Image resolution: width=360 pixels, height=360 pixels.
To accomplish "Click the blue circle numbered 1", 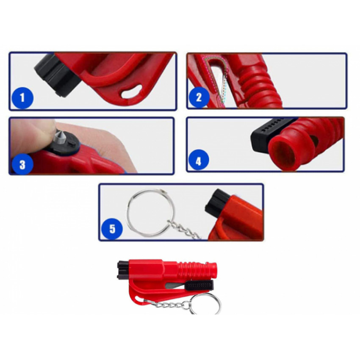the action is point(22,98).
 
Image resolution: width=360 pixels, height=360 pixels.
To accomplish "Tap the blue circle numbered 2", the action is point(199,97).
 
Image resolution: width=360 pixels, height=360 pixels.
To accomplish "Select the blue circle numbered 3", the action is point(22,165).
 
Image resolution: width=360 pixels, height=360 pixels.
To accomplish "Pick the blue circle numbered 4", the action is point(198,161).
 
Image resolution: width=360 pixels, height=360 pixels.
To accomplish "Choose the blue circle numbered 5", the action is point(112,229).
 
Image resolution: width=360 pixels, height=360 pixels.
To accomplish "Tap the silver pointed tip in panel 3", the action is point(59,136).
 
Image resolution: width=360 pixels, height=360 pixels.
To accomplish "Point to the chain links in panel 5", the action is point(184,230).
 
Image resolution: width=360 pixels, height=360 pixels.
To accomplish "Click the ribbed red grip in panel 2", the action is point(257,85).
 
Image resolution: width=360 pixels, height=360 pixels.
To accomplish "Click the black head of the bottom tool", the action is point(123,270).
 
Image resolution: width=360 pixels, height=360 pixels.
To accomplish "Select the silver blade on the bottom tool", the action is point(176,285).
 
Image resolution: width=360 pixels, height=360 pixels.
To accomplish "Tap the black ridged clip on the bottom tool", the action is point(199,285).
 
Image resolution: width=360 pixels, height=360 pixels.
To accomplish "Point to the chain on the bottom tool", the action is point(168,303).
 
